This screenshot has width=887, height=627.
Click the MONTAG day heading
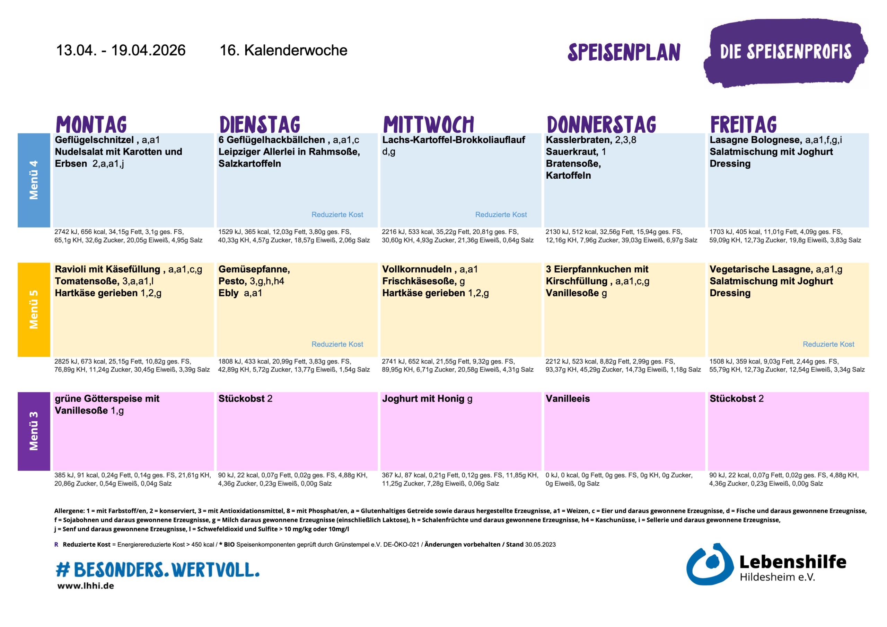click(91, 124)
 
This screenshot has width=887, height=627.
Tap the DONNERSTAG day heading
click(601, 124)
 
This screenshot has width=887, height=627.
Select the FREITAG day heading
click(743, 124)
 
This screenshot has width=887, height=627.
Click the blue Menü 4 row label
click(34, 180)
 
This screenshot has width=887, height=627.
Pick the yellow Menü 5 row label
click(34, 309)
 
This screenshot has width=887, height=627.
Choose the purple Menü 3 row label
click(34, 431)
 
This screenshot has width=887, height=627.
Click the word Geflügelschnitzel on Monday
click(94, 140)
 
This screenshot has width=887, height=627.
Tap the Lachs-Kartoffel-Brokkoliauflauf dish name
click(453, 140)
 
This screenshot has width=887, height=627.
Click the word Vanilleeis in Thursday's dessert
click(568, 398)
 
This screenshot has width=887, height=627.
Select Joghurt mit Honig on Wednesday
click(423, 398)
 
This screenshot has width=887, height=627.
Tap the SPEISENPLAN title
click(624, 53)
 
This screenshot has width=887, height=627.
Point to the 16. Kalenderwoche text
click(283, 50)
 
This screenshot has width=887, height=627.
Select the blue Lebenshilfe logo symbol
click(709, 564)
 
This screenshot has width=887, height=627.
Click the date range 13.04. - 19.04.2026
click(121, 50)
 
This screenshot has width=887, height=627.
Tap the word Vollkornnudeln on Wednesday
click(417, 269)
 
